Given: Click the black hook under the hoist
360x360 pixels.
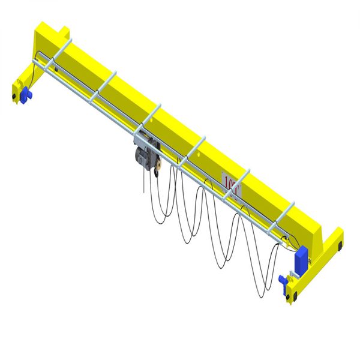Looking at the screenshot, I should tap(157, 173).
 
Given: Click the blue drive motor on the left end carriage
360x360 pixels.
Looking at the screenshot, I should tap(26, 94).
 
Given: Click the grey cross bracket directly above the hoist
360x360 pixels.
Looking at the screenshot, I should tap(150, 117).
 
